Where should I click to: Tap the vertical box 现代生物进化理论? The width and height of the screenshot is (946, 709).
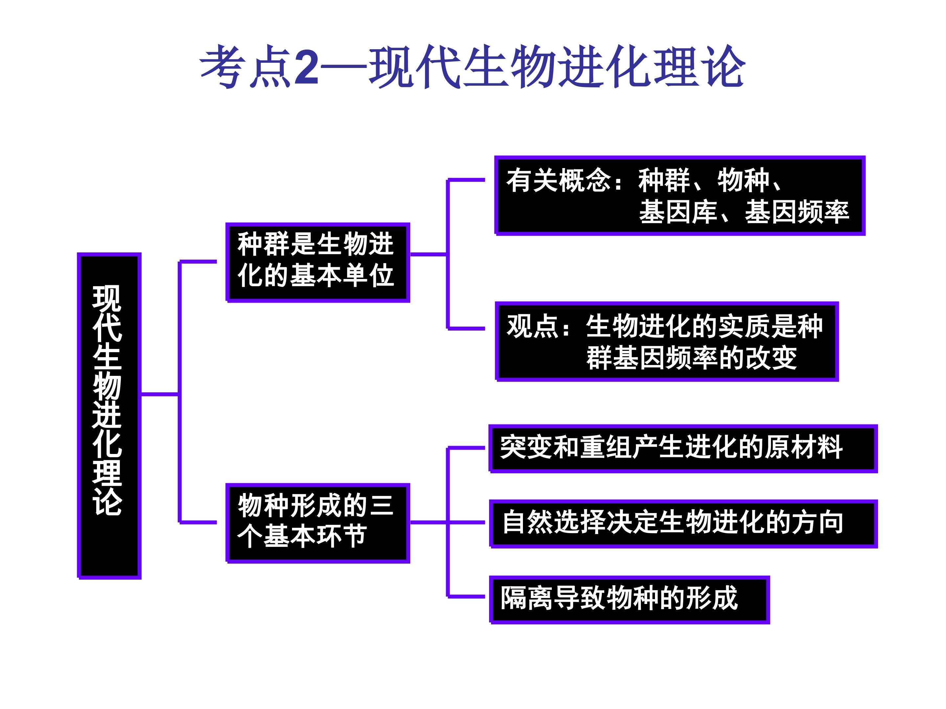tap(109, 416)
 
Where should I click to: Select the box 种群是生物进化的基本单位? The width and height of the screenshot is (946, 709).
tap(318, 262)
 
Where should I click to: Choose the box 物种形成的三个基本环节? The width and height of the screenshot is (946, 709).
tap(318, 523)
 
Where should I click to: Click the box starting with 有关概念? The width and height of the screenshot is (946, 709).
tap(680, 196)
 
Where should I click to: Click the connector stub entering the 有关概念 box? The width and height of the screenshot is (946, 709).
tap(466, 180)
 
